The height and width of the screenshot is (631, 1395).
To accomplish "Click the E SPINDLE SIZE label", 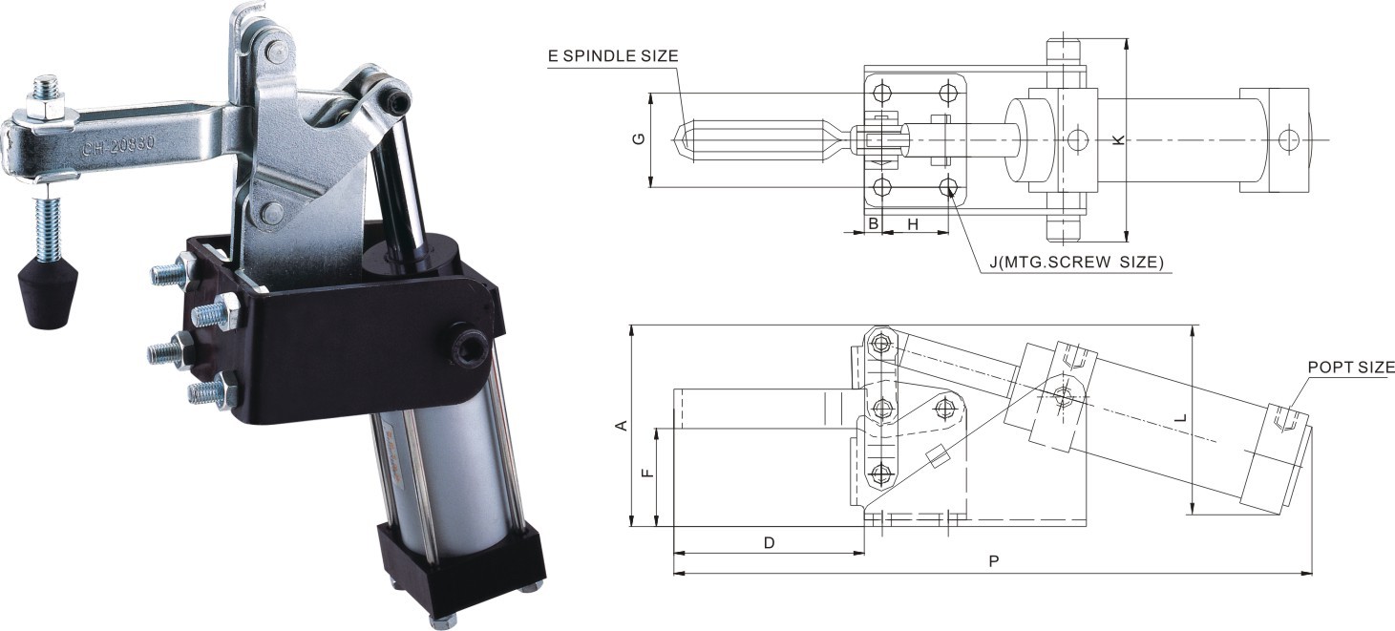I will [x=613, y=55].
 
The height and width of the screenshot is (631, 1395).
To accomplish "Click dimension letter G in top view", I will [x=639, y=139].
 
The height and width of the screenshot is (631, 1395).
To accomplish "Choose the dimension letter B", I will [x=872, y=223].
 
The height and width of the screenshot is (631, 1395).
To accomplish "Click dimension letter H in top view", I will [x=913, y=223].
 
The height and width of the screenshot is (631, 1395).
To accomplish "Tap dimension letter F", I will [x=646, y=474].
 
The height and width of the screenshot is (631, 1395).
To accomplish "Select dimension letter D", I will [x=769, y=542].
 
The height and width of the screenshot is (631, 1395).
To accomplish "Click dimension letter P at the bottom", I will [x=993, y=562].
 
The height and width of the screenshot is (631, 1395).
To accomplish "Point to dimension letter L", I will [x=1181, y=418].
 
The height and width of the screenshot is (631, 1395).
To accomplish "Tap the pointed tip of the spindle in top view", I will [x=680, y=140].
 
